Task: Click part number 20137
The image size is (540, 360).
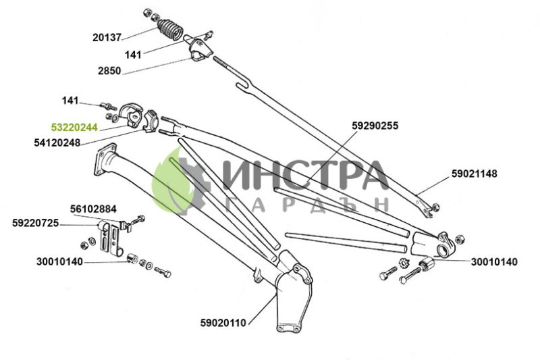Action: tap(107, 37)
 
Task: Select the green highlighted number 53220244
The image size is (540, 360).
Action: tap(74, 128)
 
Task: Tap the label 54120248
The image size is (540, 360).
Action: tap(57, 143)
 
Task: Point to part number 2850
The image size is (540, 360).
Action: tap(109, 71)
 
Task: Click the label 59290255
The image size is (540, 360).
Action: tap(375, 126)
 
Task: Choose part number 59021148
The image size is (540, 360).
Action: tap(475, 174)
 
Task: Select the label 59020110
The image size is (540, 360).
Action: tap(223, 323)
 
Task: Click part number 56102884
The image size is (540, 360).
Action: tap(93, 209)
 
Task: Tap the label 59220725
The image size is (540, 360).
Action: tap(36, 224)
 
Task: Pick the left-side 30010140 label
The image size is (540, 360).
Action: tap(59, 262)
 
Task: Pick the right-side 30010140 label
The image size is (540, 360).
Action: tap(494, 262)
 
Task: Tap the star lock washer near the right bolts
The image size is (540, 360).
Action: tap(403, 263)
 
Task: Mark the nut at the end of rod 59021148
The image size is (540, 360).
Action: tap(435, 207)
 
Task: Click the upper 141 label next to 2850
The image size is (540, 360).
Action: tap(133, 55)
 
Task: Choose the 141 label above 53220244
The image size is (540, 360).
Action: tap(70, 101)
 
